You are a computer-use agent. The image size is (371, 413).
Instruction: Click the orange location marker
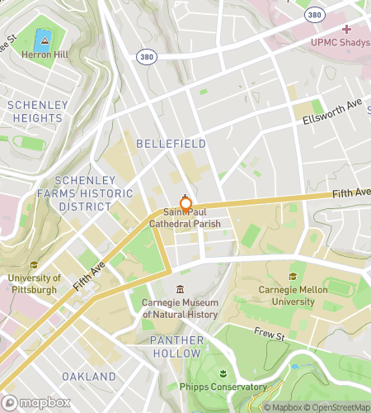[x=185, y=204]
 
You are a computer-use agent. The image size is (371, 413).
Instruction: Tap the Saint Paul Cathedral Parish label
[x=185, y=218]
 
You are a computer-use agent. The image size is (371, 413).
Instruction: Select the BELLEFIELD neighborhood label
[x=171, y=144]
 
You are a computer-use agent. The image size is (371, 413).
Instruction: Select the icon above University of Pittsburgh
[x=33, y=265]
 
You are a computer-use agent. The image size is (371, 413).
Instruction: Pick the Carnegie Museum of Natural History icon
[x=180, y=289]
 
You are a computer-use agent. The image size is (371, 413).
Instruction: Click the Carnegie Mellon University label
[x=294, y=296]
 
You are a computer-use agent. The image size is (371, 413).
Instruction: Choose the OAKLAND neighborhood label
[x=89, y=377]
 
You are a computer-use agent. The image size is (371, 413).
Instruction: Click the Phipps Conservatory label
[x=223, y=387]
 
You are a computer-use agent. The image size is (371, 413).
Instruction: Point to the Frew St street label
[x=270, y=336]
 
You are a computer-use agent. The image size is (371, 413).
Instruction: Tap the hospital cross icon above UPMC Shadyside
[x=346, y=29]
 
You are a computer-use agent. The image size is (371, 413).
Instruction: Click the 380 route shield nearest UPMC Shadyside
[x=313, y=15]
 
